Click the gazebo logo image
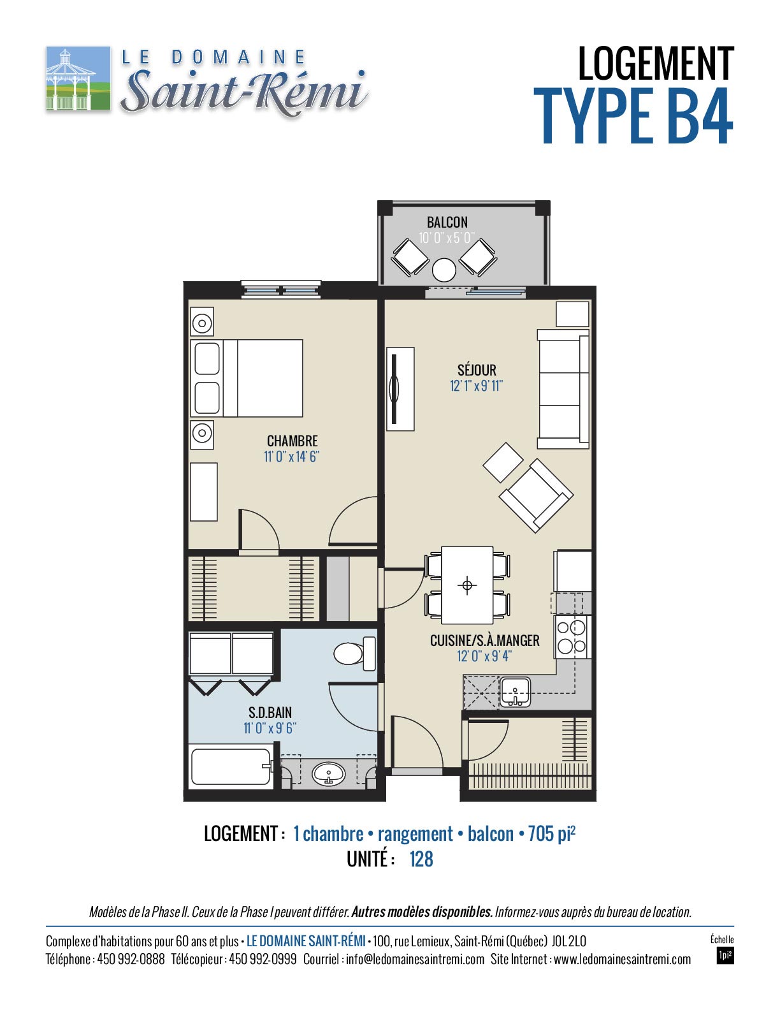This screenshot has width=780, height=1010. click(x=78, y=78)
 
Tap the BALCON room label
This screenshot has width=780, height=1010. click(x=447, y=222)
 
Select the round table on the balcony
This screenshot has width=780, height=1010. click(x=444, y=270)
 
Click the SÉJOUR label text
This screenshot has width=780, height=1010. click(x=477, y=370)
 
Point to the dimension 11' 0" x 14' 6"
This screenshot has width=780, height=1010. click(x=292, y=457)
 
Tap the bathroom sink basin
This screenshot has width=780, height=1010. click(x=328, y=774)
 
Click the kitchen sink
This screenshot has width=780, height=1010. click(x=515, y=692)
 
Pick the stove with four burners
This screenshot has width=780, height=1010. click(x=572, y=636)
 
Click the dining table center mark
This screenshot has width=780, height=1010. click(x=467, y=585)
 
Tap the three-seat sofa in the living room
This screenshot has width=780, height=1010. click(x=563, y=389)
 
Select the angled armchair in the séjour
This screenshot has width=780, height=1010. click(x=536, y=495)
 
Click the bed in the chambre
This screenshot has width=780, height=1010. click(x=247, y=378)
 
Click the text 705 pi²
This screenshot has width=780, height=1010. click(x=551, y=833)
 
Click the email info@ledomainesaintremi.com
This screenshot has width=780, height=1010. click(x=415, y=960)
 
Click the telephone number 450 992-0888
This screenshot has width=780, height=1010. click(x=131, y=960)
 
